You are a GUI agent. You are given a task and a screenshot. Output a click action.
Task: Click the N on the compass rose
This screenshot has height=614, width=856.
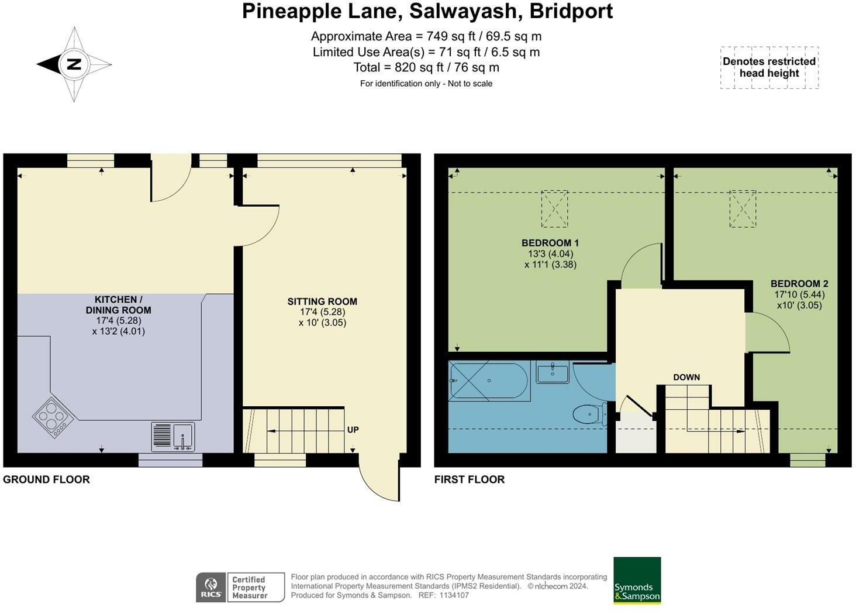74,64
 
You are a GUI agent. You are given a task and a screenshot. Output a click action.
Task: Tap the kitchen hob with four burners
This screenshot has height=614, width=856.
53,417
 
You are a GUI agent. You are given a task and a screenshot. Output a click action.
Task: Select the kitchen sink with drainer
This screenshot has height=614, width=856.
173,437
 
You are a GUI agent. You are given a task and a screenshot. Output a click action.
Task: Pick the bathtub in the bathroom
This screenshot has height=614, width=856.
489,381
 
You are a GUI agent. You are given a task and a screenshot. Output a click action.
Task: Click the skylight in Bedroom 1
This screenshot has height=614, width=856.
554,209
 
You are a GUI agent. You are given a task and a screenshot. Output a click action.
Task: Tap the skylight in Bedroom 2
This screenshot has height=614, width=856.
743,209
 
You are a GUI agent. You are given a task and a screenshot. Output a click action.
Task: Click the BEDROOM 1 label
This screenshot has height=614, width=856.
550,242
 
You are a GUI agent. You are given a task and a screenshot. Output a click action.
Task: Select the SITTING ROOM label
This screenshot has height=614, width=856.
322,301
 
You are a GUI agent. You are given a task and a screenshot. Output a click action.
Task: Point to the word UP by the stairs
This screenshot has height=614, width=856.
353,430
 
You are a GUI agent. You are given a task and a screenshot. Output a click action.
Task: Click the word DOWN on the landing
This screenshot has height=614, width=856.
686,377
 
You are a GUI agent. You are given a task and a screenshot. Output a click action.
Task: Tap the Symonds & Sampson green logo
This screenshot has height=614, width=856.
637,580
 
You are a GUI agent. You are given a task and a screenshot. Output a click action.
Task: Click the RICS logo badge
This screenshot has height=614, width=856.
211,587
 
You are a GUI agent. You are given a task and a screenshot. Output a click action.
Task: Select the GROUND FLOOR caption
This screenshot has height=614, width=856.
46,479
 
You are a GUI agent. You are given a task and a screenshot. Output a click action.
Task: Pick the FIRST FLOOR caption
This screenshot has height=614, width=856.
470,479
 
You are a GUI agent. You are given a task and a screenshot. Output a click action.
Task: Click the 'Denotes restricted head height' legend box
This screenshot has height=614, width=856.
769,68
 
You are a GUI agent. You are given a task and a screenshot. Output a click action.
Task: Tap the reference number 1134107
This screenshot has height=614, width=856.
454,595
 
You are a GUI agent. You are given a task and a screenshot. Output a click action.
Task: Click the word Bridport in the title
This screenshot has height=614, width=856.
571,11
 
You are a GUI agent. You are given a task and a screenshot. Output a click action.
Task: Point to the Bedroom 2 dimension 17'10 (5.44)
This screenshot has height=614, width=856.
799,294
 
